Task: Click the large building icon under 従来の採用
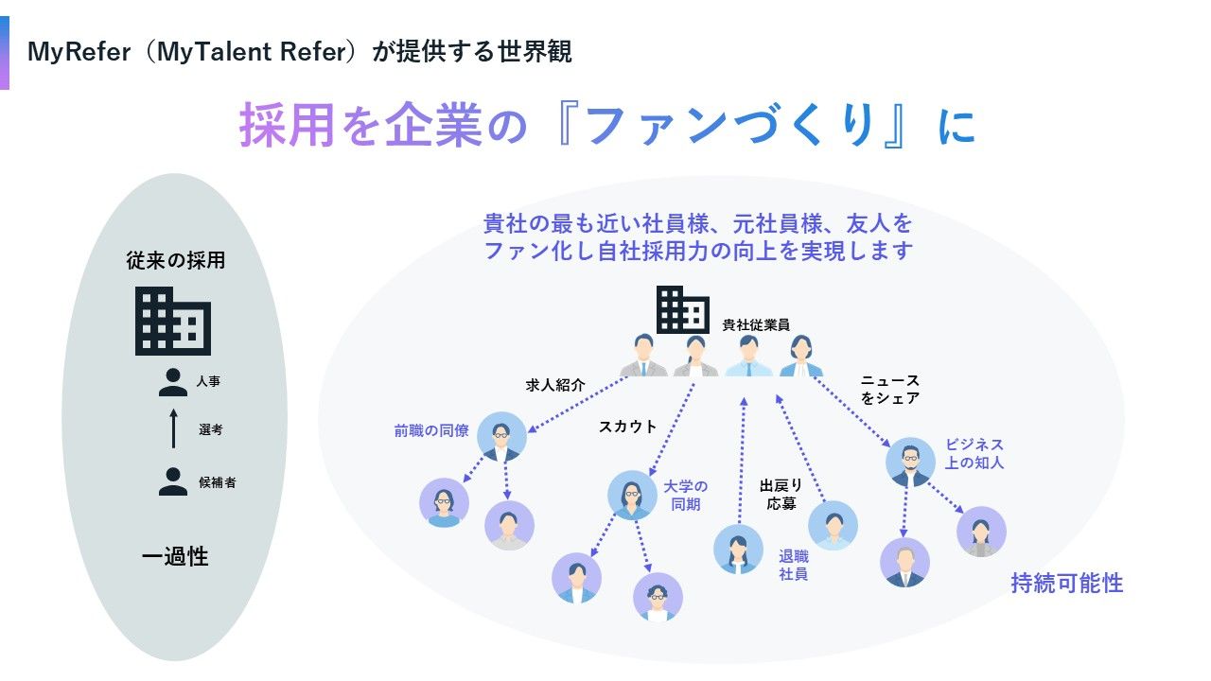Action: coord(173,321)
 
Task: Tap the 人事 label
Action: coord(208,382)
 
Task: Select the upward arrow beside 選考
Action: coord(173,428)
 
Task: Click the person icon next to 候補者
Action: coord(173,481)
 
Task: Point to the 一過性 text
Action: coord(175,557)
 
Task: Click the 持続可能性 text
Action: coord(1066,584)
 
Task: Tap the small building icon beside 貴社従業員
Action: coord(683,310)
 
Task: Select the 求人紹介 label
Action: coord(555,386)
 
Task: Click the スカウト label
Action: coord(627,427)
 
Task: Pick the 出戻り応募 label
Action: coord(781,495)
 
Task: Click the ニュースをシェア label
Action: coord(890,390)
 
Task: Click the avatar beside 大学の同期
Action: coord(632,495)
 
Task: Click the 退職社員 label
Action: coord(793,565)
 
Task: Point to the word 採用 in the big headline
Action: coord(288,126)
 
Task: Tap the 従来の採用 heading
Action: coord(176,261)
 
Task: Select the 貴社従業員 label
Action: coord(756,324)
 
